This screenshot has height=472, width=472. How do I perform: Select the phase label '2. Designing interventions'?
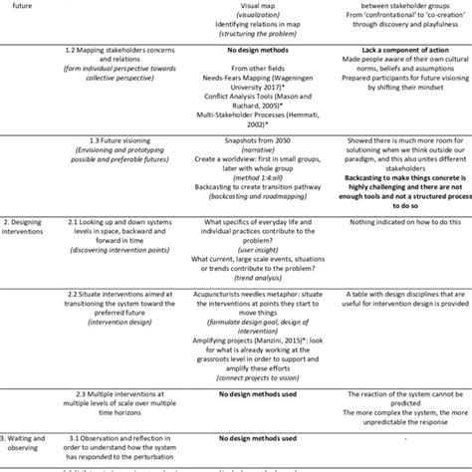pyautogui.click(x=30, y=248)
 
